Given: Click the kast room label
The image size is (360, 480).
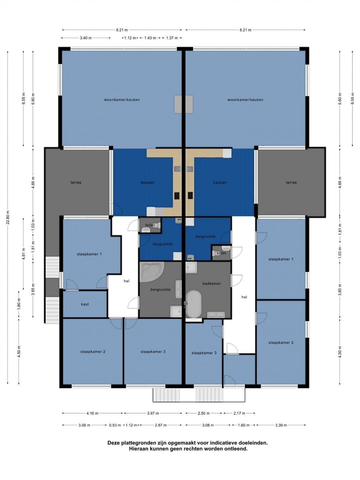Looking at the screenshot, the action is click(85, 304).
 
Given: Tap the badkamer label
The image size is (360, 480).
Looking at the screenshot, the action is click(212, 283).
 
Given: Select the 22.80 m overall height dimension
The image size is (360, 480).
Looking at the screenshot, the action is click(8, 218).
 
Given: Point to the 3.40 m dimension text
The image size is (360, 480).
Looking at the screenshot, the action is click(86, 38).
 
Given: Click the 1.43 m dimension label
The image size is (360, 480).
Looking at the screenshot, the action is click(150, 38).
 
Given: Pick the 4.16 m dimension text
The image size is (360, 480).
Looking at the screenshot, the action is click(92, 413).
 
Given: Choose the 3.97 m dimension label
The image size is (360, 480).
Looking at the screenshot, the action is click(153, 413).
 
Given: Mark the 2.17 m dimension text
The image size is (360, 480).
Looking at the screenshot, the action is click(239, 413).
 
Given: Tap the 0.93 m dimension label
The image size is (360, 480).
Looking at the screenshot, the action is click(115, 425).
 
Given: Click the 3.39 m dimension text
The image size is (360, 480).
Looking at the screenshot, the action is click(281, 425).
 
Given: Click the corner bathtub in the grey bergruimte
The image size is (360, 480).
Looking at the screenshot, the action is click(150, 272).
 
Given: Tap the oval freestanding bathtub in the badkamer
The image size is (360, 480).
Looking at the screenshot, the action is click(194, 304).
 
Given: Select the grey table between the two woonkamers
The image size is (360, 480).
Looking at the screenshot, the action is click(184, 104).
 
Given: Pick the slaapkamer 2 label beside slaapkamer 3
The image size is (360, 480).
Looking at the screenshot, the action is click(93, 352).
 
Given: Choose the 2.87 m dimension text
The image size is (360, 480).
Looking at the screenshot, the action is click(161, 425).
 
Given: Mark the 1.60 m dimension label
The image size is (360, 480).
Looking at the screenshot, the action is click(243, 425).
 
